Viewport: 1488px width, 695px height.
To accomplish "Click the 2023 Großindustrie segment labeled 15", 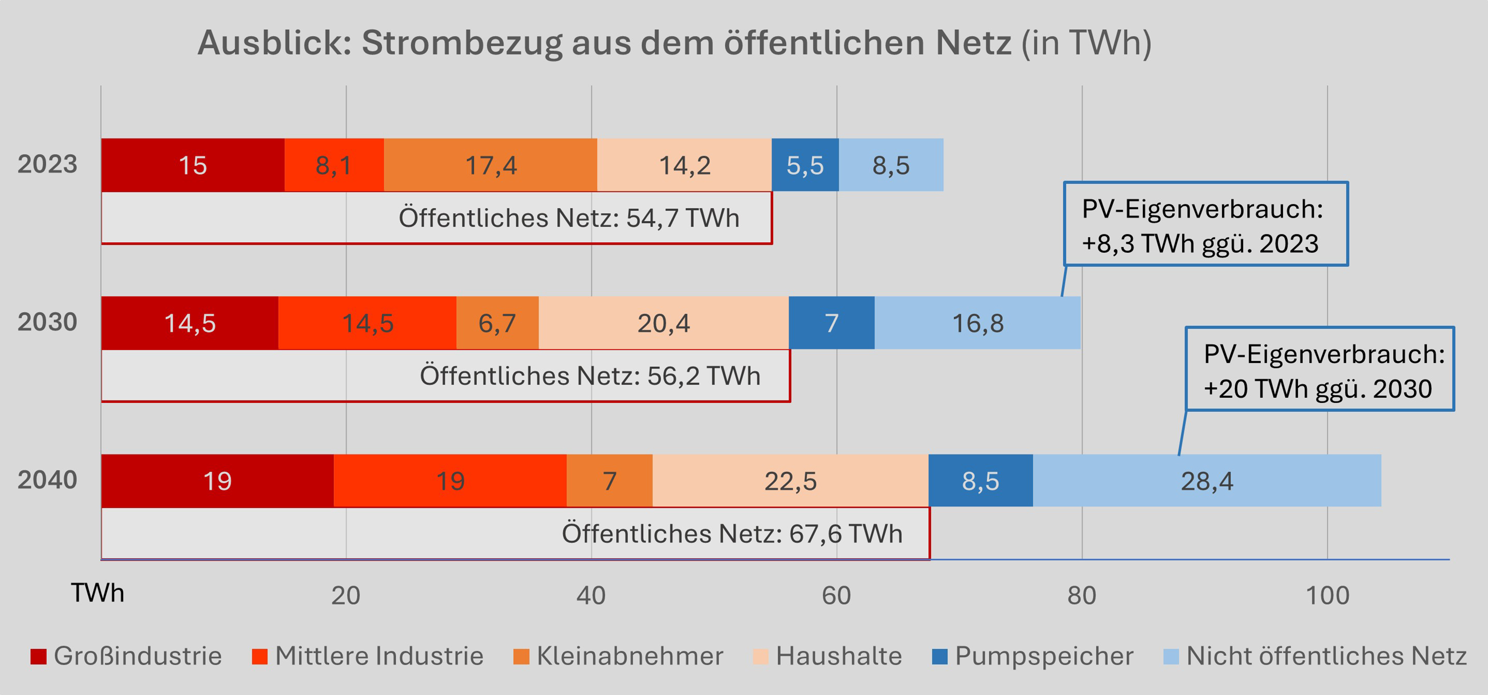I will (x=193, y=165).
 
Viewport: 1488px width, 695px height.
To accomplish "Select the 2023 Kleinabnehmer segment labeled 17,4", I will (x=491, y=165).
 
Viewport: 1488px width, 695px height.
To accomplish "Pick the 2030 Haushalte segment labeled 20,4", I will (x=663, y=323).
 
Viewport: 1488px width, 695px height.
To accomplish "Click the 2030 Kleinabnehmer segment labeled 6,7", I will (x=497, y=323).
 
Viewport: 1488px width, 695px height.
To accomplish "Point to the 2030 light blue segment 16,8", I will (x=977, y=323).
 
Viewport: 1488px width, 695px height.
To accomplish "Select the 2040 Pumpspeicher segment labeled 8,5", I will (x=980, y=481).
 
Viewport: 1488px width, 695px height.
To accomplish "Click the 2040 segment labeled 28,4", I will (x=1207, y=481).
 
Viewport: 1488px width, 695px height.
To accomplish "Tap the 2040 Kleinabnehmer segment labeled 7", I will (x=610, y=481).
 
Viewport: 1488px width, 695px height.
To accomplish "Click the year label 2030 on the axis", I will (x=47, y=322).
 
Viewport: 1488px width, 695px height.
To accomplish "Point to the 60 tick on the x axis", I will (x=837, y=595).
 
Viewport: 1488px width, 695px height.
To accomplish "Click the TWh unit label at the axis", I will (x=97, y=593).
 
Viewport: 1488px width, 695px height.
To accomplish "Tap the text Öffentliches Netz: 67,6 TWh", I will (x=732, y=533).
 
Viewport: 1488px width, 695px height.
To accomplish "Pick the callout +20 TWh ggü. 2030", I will (x=1318, y=388).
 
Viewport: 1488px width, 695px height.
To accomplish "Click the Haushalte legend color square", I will (x=761, y=656).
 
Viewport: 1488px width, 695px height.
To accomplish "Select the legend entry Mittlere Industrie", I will (x=379, y=656).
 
